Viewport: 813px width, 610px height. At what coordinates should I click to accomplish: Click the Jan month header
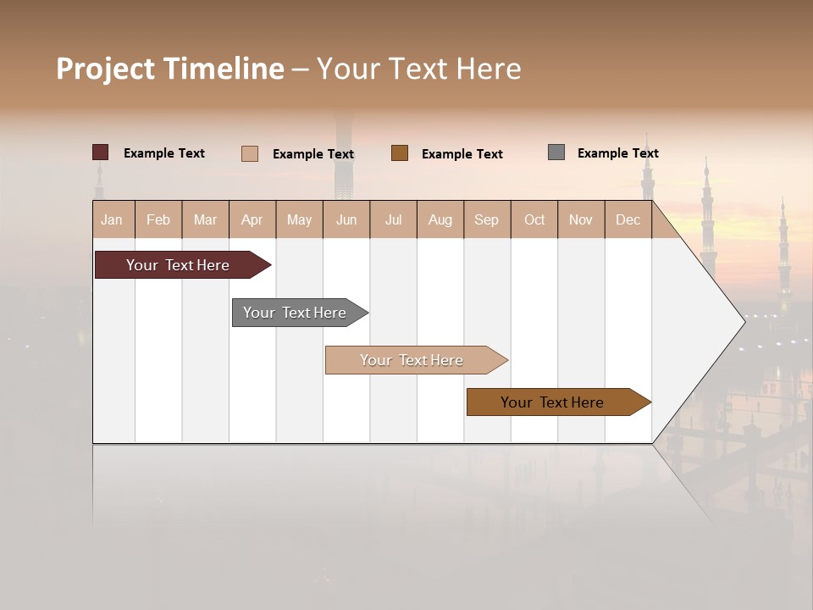click(112, 219)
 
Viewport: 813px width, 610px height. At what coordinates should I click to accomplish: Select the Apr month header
click(252, 219)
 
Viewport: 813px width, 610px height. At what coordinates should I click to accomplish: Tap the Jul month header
click(393, 219)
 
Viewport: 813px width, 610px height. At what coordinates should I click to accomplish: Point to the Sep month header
click(486, 219)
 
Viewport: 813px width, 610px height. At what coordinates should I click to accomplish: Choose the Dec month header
click(628, 219)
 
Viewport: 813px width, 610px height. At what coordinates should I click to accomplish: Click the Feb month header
click(158, 219)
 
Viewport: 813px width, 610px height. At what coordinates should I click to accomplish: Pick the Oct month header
click(534, 219)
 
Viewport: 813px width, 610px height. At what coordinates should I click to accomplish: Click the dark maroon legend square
click(100, 152)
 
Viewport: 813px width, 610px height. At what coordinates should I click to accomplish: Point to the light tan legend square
click(250, 153)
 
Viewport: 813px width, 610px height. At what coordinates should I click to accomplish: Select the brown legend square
click(400, 153)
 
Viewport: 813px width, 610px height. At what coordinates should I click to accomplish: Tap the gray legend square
click(556, 152)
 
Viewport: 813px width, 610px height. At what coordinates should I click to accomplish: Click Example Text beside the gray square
click(617, 153)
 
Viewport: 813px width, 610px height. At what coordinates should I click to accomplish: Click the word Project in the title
click(106, 69)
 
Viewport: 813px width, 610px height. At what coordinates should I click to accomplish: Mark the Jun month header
click(346, 219)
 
